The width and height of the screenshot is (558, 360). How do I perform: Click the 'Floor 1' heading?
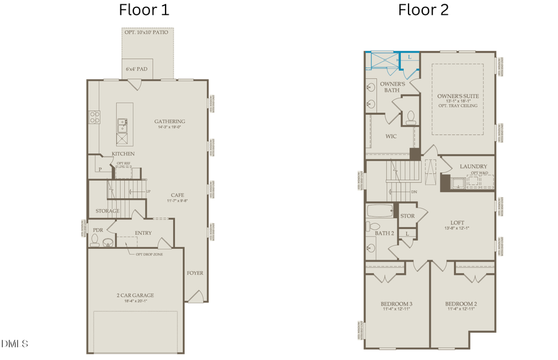[144, 11]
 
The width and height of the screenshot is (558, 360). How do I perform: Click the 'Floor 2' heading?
[423, 11]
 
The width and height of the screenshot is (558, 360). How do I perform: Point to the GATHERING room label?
[169, 121]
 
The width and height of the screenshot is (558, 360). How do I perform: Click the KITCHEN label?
[123, 154]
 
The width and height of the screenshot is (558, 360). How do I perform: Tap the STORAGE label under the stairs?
[107, 211]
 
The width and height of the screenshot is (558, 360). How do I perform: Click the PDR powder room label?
[97, 230]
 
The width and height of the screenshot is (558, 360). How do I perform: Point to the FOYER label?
[195, 273]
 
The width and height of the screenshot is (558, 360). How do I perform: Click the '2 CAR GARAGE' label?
[135, 295]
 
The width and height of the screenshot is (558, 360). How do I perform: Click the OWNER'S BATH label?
[392, 87]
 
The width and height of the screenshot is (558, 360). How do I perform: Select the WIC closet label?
[391, 136]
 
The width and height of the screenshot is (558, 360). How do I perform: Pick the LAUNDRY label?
[473, 166]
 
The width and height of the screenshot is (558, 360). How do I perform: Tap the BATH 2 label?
[384, 233]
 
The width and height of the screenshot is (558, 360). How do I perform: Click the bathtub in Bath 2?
[379, 212]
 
